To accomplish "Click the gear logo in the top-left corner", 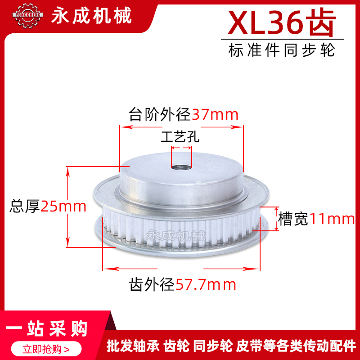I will pyautogui.click(x=28, y=16).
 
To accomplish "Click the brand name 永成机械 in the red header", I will pyautogui.click(x=92, y=16).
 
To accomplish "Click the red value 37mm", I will pyautogui.click(x=215, y=115).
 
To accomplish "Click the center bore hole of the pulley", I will pyautogui.click(x=182, y=168).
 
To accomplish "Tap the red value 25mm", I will pyautogui.click(x=63, y=207).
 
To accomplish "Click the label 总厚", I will pyautogui.click(x=25, y=207).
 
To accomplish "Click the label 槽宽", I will pyautogui.click(x=293, y=219).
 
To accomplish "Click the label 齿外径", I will pyautogui.click(x=152, y=284).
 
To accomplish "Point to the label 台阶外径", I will pyautogui.click(x=160, y=115).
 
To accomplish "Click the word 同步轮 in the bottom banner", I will pyautogui.click(x=213, y=346).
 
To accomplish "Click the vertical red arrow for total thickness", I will pyautogui.click(x=68, y=207).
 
